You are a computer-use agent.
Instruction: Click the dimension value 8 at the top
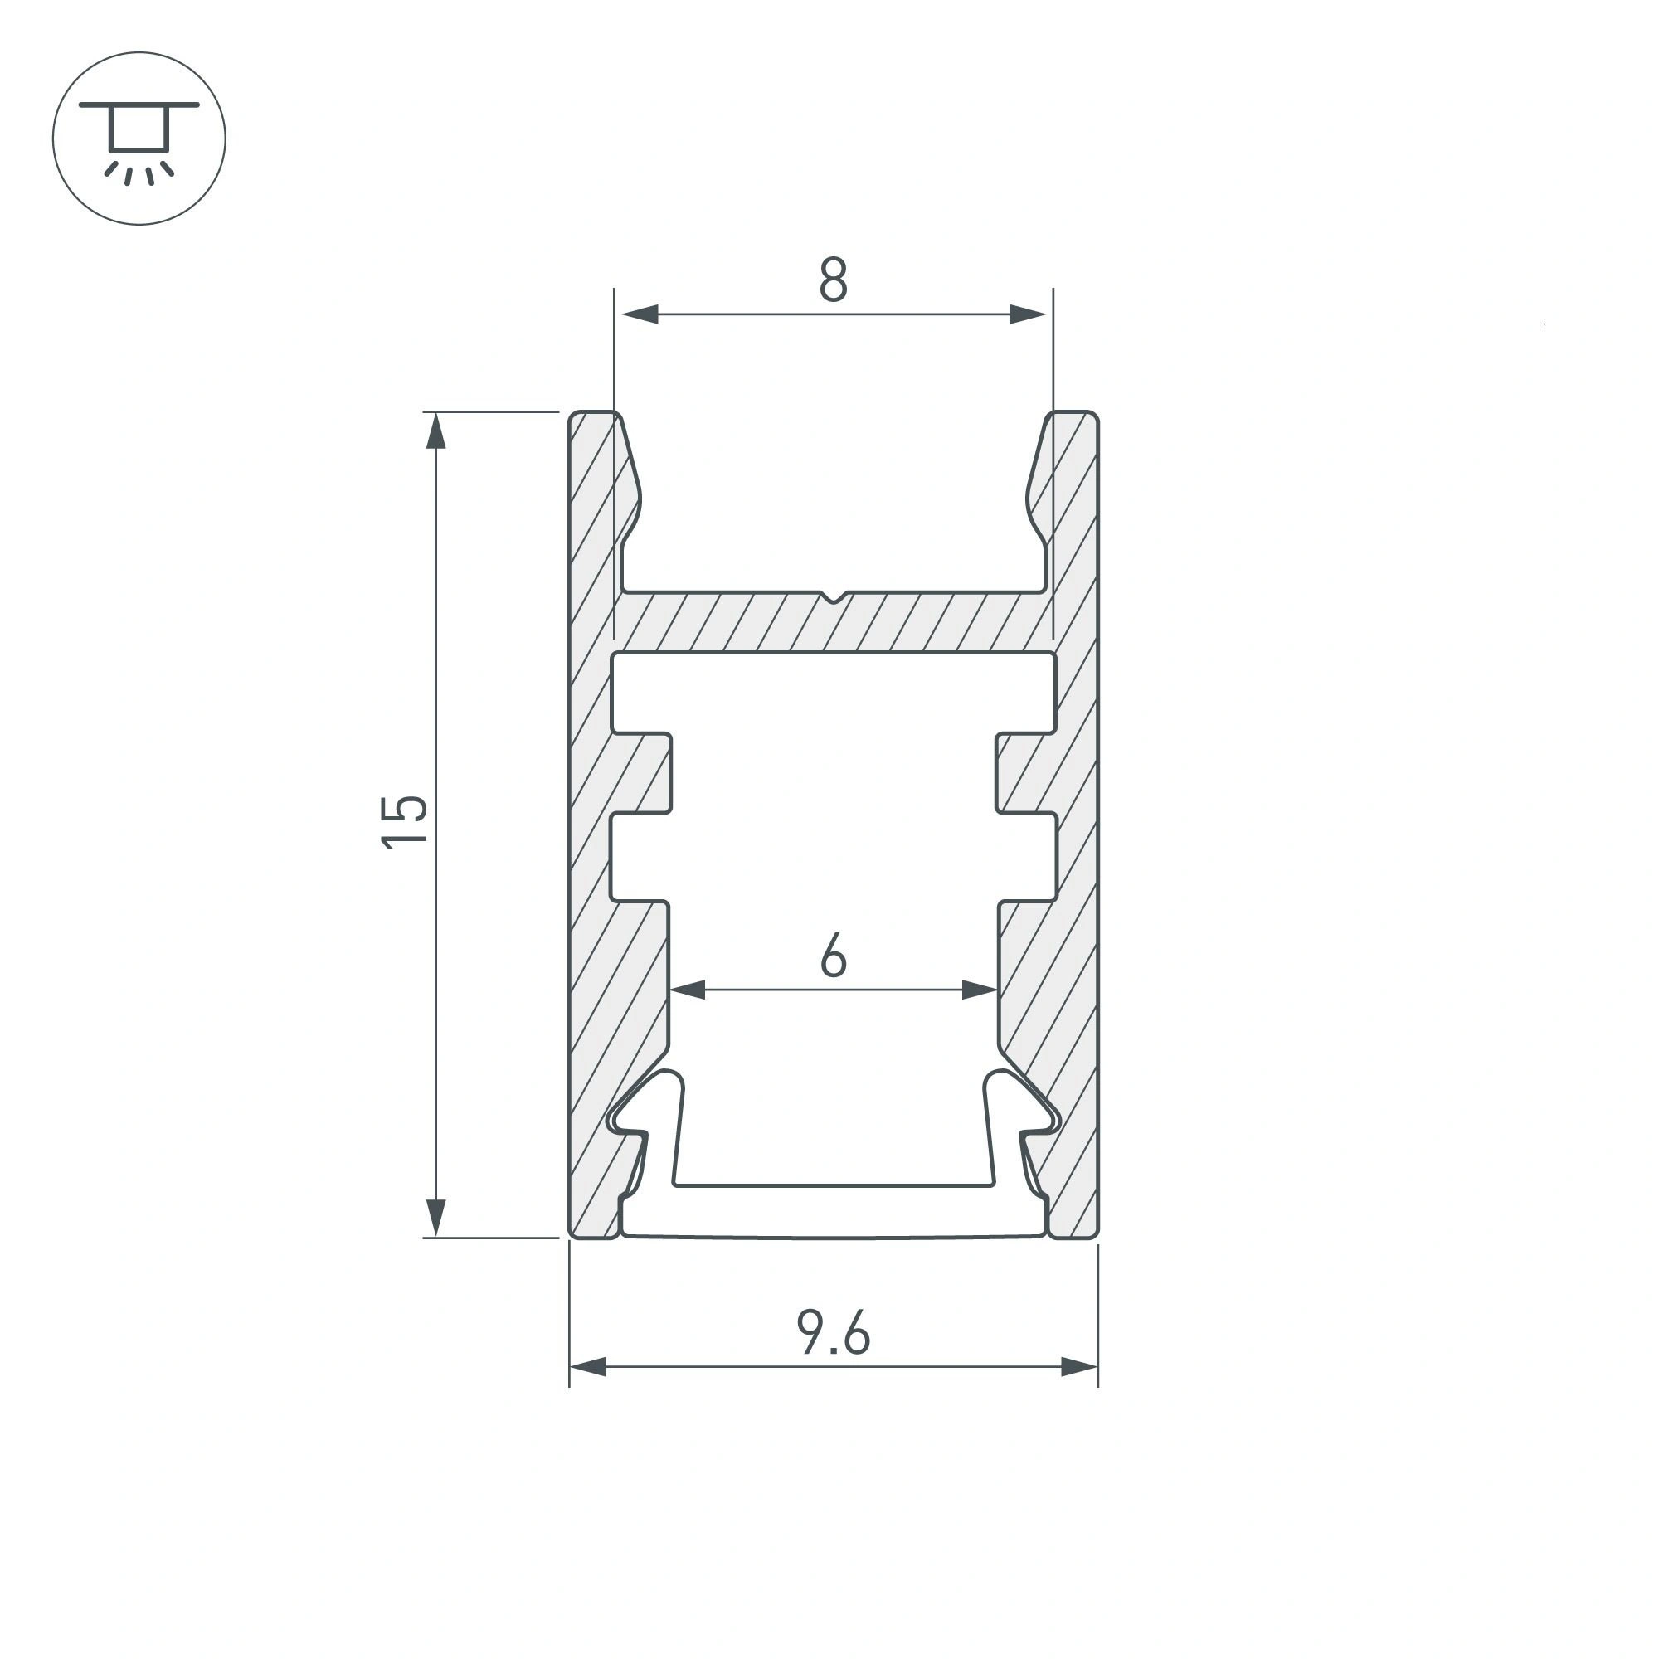(x=833, y=280)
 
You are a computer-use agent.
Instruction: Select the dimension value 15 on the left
(x=404, y=822)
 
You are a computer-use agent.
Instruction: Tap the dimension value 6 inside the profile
(x=834, y=956)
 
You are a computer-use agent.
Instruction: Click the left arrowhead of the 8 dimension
(x=639, y=314)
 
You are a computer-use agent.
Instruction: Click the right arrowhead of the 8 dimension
(x=1028, y=314)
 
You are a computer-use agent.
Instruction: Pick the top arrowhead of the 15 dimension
(x=436, y=431)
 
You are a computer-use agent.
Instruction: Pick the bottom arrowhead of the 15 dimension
(x=436, y=1219)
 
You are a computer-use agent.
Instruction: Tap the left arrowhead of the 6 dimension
(x=687, y=990)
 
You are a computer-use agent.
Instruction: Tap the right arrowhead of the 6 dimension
(x=980, y=990)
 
